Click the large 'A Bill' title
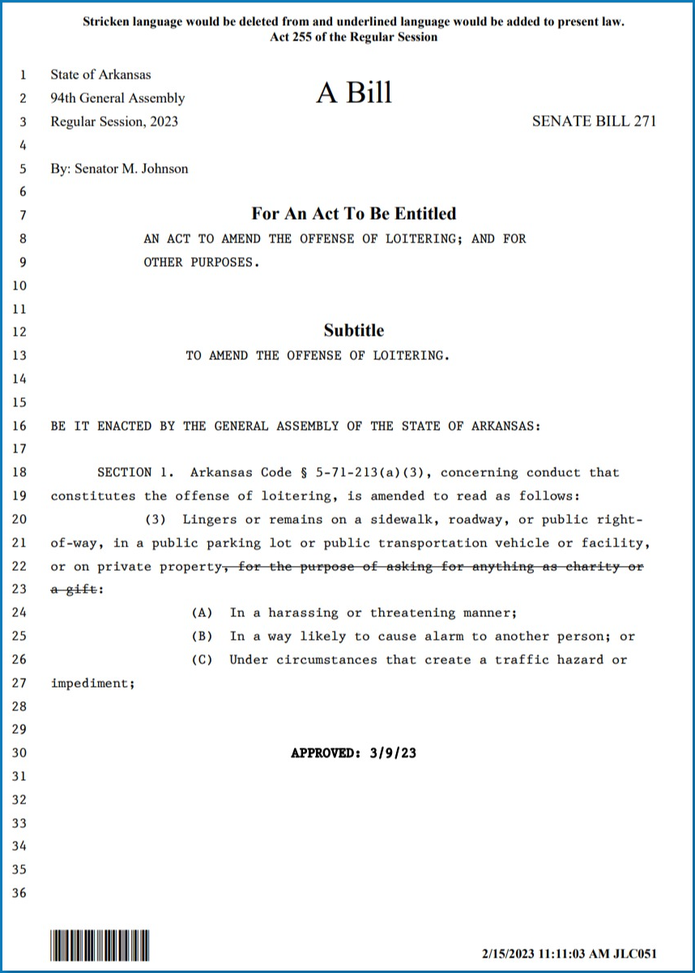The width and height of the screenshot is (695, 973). click(354, 93)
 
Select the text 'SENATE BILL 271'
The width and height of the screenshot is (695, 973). click(594, 122)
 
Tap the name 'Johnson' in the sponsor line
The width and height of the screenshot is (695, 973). click(161, 169)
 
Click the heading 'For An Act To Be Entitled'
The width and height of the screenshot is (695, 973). click(354, 213)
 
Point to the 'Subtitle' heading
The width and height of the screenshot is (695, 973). click(354, 330)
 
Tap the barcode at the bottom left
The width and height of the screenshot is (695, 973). click(100, 945)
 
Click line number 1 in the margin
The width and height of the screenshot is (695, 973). click(23, 75)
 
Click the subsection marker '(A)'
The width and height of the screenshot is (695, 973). click(202, 613)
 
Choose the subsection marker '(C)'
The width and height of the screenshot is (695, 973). click(202, 659)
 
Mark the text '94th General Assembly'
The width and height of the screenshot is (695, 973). click(117, 98)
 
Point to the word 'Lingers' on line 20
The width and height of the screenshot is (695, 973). click(209, 519)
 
